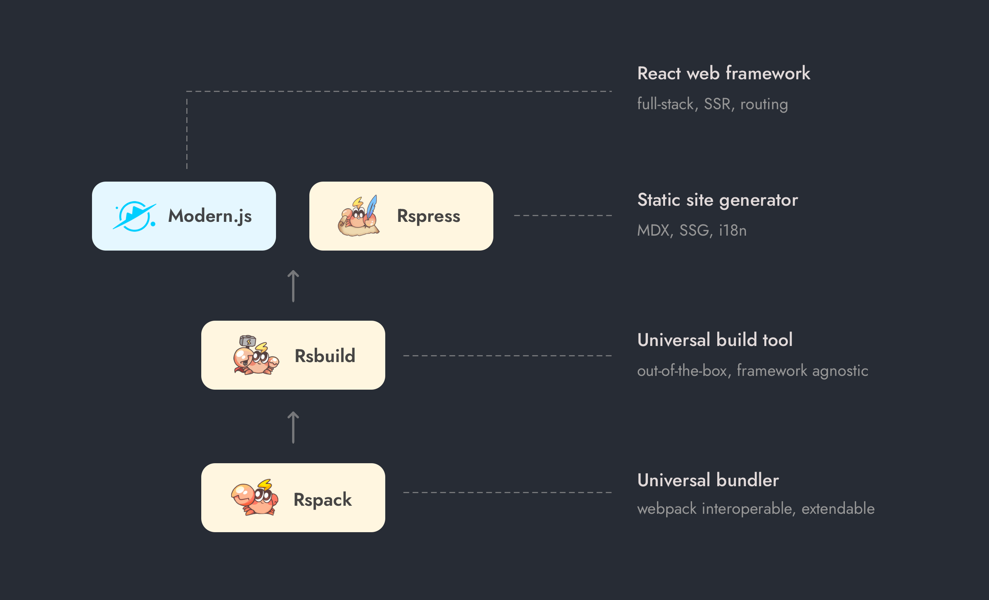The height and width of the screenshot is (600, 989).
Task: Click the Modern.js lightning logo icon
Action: click(x=134, y=216)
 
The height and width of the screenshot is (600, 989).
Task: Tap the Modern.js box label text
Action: click(x=210, y=216)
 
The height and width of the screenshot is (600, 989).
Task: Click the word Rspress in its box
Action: click(x=428, y=216)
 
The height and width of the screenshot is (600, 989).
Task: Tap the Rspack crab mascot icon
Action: click(x=255, y=498)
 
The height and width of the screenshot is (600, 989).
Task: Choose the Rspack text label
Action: click(x=322, y=500)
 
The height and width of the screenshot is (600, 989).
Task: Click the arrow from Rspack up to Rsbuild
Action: click(x=293, y=428)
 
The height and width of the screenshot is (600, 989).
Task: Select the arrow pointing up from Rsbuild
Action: click(x=293, y=286)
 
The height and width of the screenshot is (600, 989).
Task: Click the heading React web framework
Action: click(x=723, y=74)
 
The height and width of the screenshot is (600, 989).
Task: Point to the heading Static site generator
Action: click(x=717, y=200)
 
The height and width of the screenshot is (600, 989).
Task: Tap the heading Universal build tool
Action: click(x=715, y=340)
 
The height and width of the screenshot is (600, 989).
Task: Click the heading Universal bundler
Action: click(x=708, y=480)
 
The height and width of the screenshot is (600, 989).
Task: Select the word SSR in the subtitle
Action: click(x=717, y=104)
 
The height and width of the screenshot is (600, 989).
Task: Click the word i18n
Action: click(x=733, y=231)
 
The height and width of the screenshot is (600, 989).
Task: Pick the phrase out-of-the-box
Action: click(x=682, y=371)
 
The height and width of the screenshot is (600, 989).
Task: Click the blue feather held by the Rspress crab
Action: click(x=372, y=205)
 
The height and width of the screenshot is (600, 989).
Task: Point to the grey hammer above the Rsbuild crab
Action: click(x=247, y=341)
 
